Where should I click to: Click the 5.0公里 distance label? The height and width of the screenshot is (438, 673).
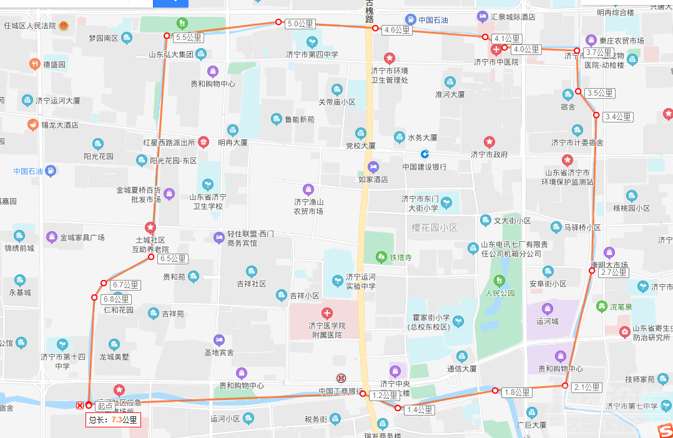pyautogui.click(x=301, y=24)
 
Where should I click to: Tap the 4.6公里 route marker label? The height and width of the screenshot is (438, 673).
pyautogui.click(x=398, y=30)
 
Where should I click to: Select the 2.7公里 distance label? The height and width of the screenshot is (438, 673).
pyautogui.click(x=614, y=272)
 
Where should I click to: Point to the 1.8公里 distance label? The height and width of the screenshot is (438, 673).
pyautogui.click(x=517, y=392)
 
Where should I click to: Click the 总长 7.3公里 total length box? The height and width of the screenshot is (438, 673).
pyautogui.click(x=113, y=420)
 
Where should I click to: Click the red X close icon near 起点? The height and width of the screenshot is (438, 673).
pyautogui.click(x=79, y=406)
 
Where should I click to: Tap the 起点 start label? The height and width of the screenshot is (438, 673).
pyautogui.click(x=105, y=406)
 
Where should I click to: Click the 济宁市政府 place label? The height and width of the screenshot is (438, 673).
pyautogui.click(x=489, y=154)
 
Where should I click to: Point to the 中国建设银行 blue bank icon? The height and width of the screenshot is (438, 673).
pyautogui.click(x=425, y=154)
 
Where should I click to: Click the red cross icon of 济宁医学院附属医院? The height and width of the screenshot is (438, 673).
pyautogui.click(x=326, y=312)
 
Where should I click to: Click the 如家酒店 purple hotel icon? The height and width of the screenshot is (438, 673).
pyautogui.click(x=373, y=167)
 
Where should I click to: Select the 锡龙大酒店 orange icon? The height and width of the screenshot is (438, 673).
pyautogui.click(x=32, y=124)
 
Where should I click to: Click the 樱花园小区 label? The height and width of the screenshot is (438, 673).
pyautogui.click(x=435, y=227)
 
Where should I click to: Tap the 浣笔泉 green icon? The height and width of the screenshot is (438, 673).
pyautogui.click(x=601, y=306)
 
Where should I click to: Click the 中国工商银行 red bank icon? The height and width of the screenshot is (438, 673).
pyautogui.click(x=341, y=379)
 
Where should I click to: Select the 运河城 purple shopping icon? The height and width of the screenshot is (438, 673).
pyautogui.click(x=548, y=309)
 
